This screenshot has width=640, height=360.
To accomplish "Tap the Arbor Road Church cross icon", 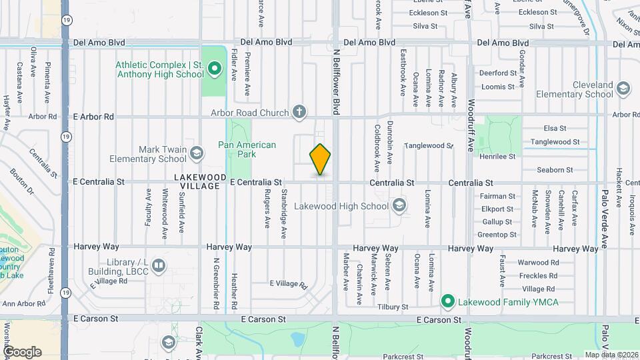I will click(x=300, y=112).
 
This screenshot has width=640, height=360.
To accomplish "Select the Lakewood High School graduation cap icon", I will click(x=399, y=205).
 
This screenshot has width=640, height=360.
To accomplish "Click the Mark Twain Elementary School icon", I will click(x=197, y=154).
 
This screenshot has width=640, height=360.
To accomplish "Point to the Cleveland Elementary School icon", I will click(x=623, y=89).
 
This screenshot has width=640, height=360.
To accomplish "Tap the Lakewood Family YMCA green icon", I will click(x=449, y=302).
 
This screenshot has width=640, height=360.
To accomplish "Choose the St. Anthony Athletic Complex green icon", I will click(x=215, y=69).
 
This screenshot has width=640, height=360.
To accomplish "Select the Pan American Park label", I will click(x=247, y=149).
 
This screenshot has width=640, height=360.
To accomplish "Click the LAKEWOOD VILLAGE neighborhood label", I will click(x=197, y=181).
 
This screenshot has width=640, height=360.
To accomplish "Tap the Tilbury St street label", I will click(x=392, y=307).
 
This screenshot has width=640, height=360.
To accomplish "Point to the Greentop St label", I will click(x=497, y=235).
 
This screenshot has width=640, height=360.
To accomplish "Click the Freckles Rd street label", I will click(x=539, y=275).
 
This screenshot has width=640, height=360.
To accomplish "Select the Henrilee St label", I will click(x=498, y=156).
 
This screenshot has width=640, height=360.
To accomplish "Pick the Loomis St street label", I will click(x=498, y=87).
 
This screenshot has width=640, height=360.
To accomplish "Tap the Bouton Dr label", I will click(x=21, y=181).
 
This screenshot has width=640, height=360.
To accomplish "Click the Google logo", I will click(x=22, y=351).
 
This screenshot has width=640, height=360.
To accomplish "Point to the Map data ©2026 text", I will click(x=611, y=355).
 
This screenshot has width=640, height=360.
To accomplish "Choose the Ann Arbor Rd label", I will click(x=23, y=303).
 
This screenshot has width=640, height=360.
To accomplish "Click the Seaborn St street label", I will click(x=555, y=170).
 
